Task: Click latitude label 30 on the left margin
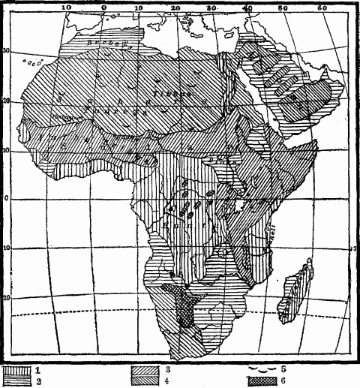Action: point(6,51)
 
